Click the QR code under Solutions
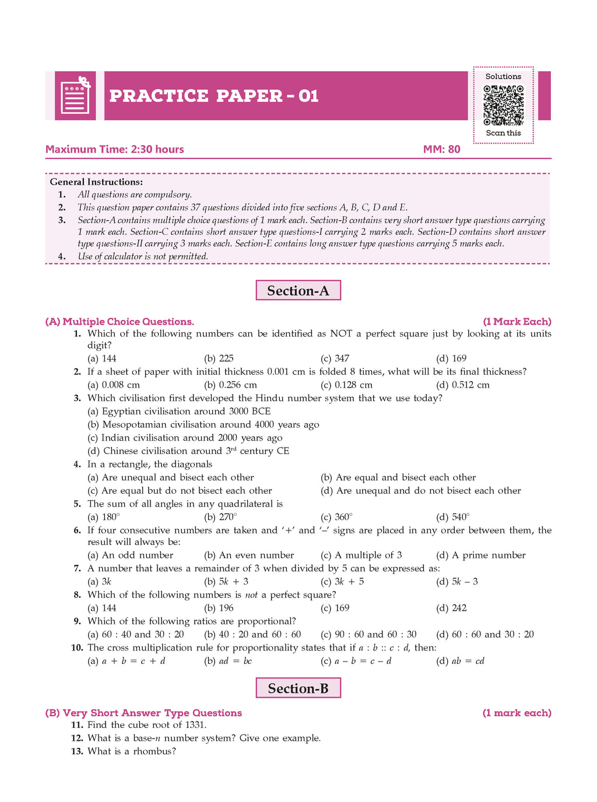pos(503,105)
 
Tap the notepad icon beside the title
pos(76,96)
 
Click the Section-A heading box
pos(298,290)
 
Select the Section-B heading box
pos(298,688)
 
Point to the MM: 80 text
pos(441,149)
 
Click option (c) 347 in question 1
pos(335,358)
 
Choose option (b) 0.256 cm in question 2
pos(230,385)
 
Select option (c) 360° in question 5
pos(336,517)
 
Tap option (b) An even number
pos(249,555)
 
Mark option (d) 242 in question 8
pos(452,608)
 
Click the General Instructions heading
pos(96,182)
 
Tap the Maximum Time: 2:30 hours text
pos(115,149)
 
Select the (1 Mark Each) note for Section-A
pos(517,322)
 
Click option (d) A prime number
pos(481,555)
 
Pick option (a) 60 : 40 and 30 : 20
pos(136,635)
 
